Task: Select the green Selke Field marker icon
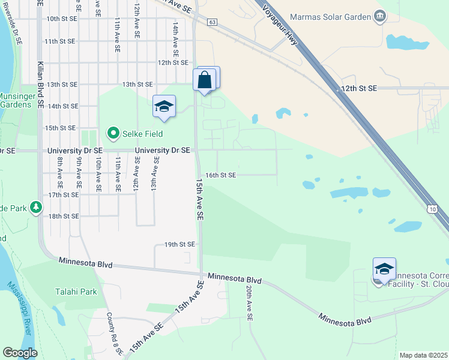[x=112, y=133]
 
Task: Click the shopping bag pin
[x=204, y=80]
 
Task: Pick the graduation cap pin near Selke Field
[x=164, y=107]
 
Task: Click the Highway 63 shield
[x=212, y=22]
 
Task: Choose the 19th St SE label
[x=180, y=245]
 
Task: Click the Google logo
[x=20, y=353]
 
